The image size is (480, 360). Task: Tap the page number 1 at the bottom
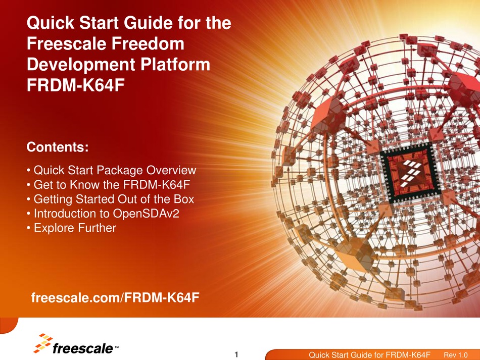coord(236,354)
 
